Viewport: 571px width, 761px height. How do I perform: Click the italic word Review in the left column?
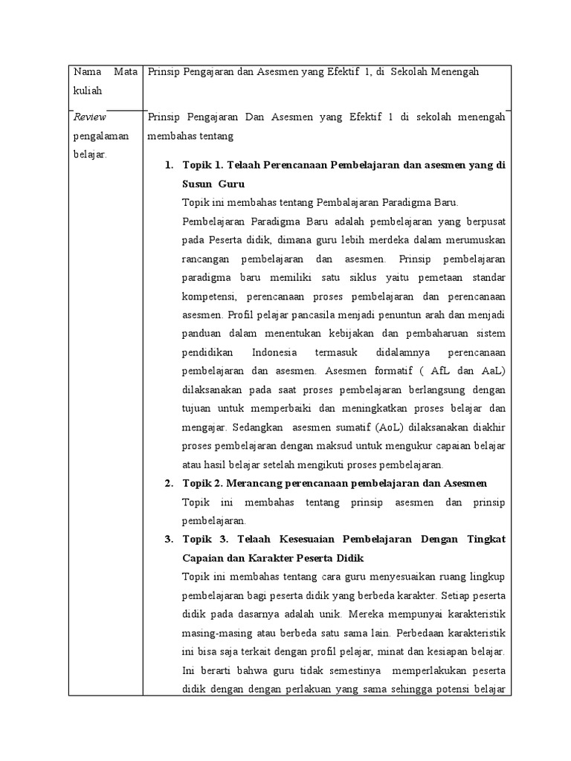coord(90,117)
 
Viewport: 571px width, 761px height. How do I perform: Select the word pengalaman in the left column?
coord(100,137)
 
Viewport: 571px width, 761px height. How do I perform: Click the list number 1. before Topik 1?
coord(168,164)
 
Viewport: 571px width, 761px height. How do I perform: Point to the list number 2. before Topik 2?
coord(168,484)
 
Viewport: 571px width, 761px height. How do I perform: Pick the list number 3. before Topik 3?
coord(168,539)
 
